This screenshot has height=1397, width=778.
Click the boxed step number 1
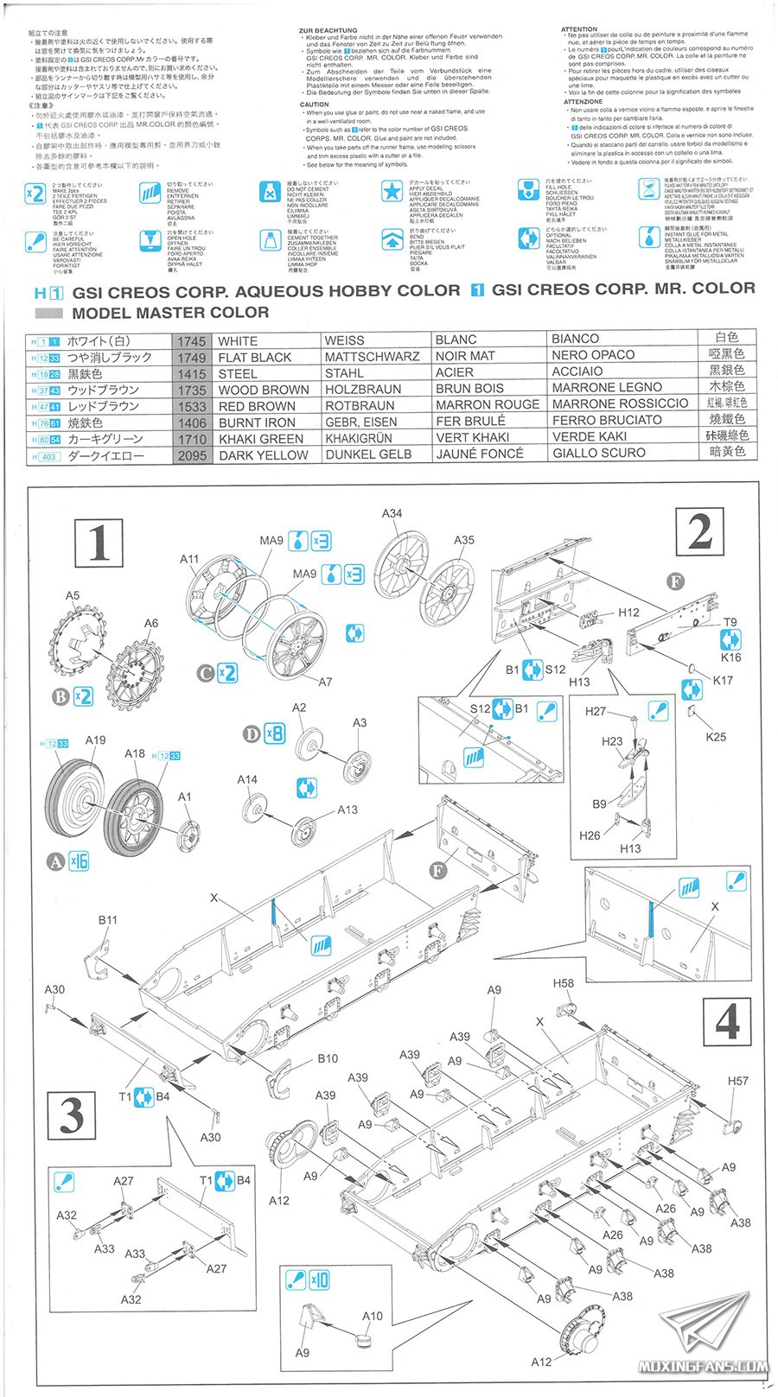(99, 544)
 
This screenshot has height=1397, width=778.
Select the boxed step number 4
(727, 1023)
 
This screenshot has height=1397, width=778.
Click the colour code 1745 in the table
(192, 341)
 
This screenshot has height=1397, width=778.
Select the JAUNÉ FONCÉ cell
(480, 454)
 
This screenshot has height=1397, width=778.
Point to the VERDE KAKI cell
(590, 436)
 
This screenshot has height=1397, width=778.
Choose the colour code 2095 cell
(192, 455)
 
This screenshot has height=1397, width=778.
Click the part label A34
(392, 513)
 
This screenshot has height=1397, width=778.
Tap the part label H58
(563, 983)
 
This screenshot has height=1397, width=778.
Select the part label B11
(107, 920)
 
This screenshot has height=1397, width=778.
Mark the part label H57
(737, 1081)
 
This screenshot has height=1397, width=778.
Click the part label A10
(372, 1316)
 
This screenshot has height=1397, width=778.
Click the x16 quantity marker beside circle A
(79, 861)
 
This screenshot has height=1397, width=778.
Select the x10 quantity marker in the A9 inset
(319, 1280)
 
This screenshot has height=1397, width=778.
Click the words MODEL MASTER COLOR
(170, 313)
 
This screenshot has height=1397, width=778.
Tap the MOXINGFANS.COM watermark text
(702, 1367)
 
